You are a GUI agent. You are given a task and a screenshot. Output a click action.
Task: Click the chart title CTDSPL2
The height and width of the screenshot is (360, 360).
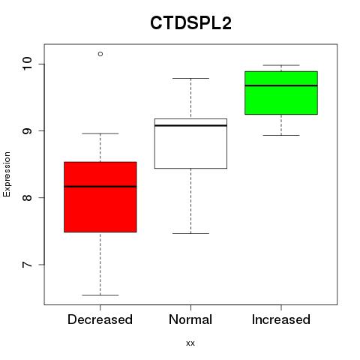click(190, 22)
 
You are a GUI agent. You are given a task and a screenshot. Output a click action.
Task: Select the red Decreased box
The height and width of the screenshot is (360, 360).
click(100, 197)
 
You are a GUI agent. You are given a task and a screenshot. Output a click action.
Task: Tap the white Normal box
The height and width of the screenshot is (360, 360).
click(190, 143)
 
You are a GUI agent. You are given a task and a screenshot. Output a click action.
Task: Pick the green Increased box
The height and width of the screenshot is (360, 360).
click(281, 93)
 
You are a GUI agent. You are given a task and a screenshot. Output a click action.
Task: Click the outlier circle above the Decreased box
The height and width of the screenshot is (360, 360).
click(100, 54)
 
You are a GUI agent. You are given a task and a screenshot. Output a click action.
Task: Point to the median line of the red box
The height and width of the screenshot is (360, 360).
click(100, 187)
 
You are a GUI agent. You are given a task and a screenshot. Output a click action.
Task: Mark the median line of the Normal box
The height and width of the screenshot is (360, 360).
click(190, 125)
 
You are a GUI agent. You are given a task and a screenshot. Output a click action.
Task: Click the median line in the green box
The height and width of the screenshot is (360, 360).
click(281, 85)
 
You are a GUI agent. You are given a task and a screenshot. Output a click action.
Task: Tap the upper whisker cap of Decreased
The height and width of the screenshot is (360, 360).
click(100, 133)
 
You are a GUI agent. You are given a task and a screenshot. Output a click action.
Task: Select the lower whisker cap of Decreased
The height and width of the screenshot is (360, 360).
click(100, 295)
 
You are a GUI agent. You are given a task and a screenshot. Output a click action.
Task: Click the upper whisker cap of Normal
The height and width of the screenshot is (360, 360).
click(190, 78)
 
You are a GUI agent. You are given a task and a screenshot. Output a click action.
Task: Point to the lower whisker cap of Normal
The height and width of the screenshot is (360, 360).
click(190, 233)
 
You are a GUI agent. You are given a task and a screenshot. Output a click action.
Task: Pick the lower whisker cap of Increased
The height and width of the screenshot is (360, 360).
click(281, 135)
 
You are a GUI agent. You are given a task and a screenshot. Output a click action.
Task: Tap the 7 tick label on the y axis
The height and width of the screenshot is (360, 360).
click(27, 265)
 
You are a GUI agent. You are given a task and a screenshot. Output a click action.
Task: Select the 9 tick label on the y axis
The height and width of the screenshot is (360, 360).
click(27, 130)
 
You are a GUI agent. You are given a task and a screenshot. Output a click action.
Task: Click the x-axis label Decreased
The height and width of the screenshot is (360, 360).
click(100, 319)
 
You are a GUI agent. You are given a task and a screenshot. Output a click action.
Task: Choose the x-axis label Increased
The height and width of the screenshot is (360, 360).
click(281, 319)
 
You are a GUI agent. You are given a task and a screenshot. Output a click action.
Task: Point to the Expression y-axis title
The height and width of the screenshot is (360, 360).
click(7, 174)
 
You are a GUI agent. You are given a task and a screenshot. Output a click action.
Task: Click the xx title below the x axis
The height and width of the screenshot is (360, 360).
click(190, 343)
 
